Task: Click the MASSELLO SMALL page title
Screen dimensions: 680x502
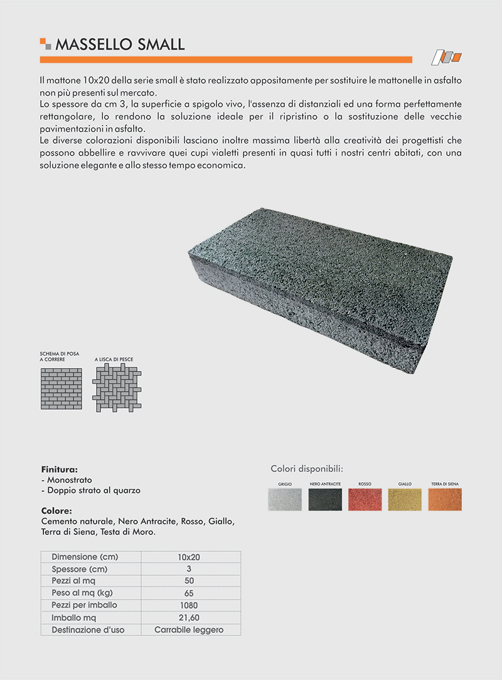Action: pos(120,44)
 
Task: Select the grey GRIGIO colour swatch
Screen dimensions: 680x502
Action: pos(284,500)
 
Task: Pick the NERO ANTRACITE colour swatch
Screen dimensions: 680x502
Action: pos(324,500)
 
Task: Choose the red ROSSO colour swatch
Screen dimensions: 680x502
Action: pos(365,500)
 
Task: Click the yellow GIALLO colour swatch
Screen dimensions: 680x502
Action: pos(405,500)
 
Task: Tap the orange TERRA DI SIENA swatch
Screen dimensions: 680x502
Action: pos(445,500)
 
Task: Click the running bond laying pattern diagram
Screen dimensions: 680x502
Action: pos(61,388)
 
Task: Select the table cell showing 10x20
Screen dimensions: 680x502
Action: pos(188,557)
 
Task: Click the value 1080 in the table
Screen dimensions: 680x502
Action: pos(188,606)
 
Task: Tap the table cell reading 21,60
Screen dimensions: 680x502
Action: pos(188,618)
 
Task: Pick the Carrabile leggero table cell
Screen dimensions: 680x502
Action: pos(189,630)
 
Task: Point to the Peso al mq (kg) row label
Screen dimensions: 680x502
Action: pos(87,593)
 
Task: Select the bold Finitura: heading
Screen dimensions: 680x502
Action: pos(59,469)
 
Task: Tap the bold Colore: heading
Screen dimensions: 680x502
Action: pos(56,511)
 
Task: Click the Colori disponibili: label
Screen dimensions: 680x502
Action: pos(307,468)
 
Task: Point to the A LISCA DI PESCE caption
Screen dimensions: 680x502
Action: pos(114,360)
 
